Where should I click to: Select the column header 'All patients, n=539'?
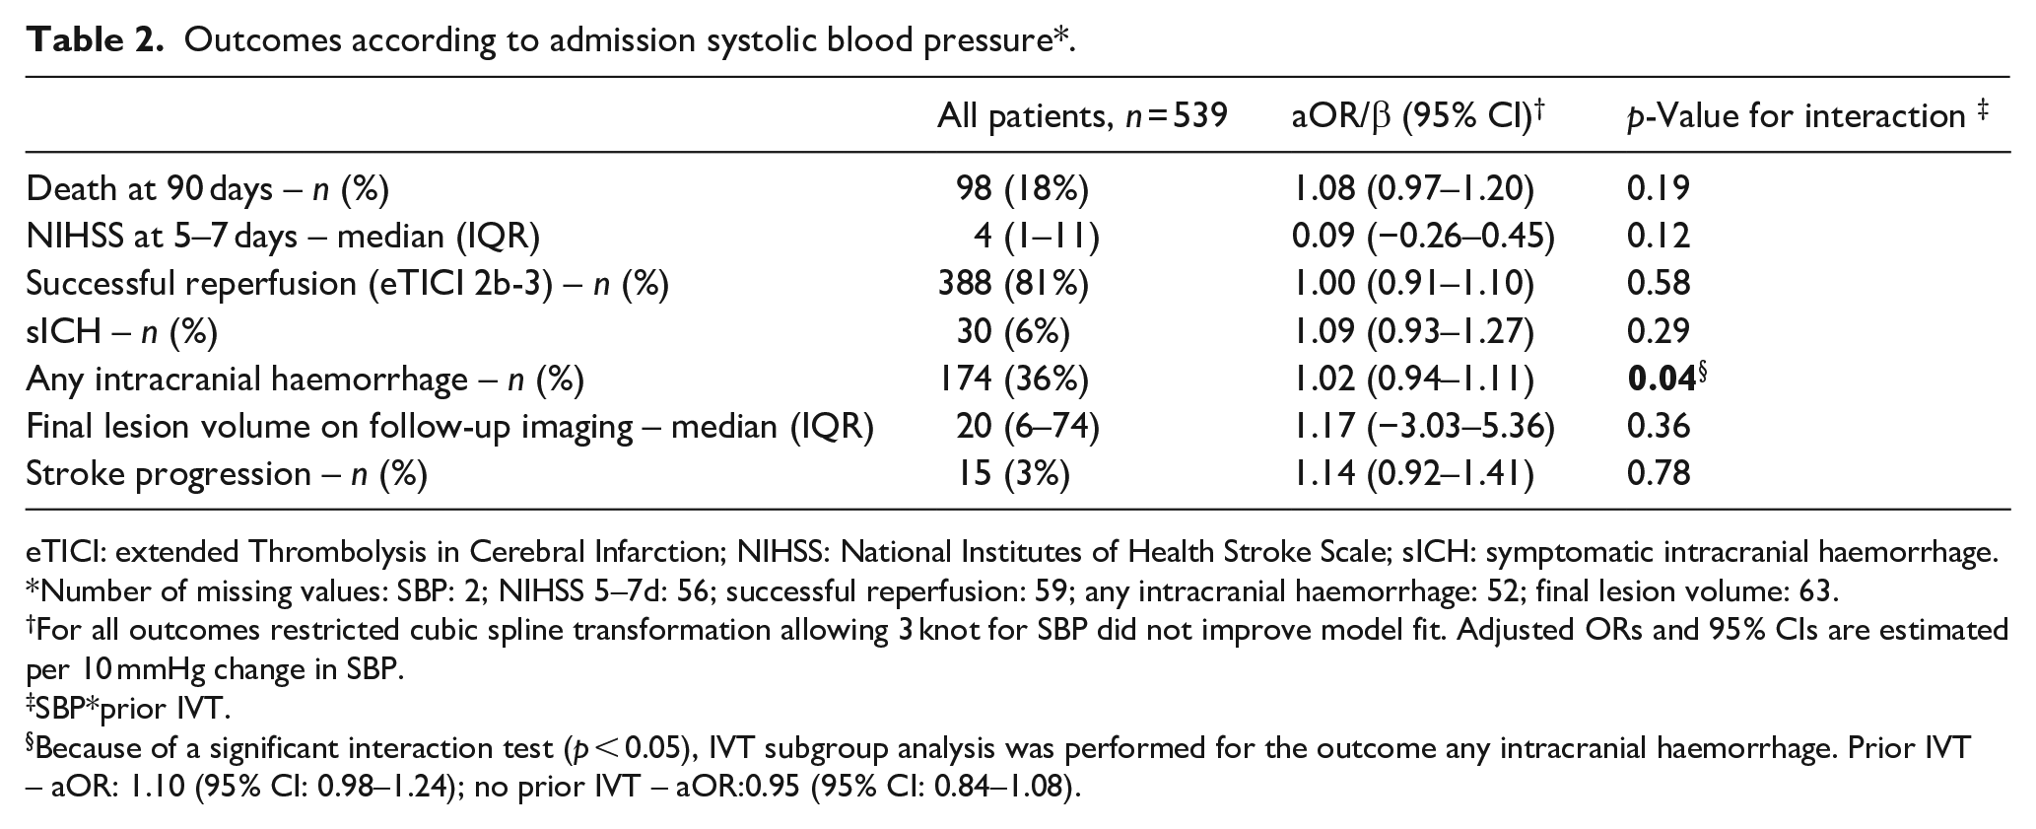1082,117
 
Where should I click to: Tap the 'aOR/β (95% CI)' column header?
1417,117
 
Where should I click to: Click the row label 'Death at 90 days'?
149,188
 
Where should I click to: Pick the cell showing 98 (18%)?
1022,188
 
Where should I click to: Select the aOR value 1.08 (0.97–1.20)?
1413,188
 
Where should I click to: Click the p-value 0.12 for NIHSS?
1659,236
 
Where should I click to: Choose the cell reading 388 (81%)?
1013,284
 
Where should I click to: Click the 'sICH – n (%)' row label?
122,331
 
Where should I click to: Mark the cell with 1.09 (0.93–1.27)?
1413,331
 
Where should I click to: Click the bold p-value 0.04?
1662,379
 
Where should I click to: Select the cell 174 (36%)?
1013,379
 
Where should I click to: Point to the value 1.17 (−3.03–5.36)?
1423,426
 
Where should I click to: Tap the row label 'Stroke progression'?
169,474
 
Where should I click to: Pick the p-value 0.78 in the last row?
1659,474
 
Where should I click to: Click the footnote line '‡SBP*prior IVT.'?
128,709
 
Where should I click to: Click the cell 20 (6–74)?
1027,426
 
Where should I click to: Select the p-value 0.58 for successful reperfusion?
1659,284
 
